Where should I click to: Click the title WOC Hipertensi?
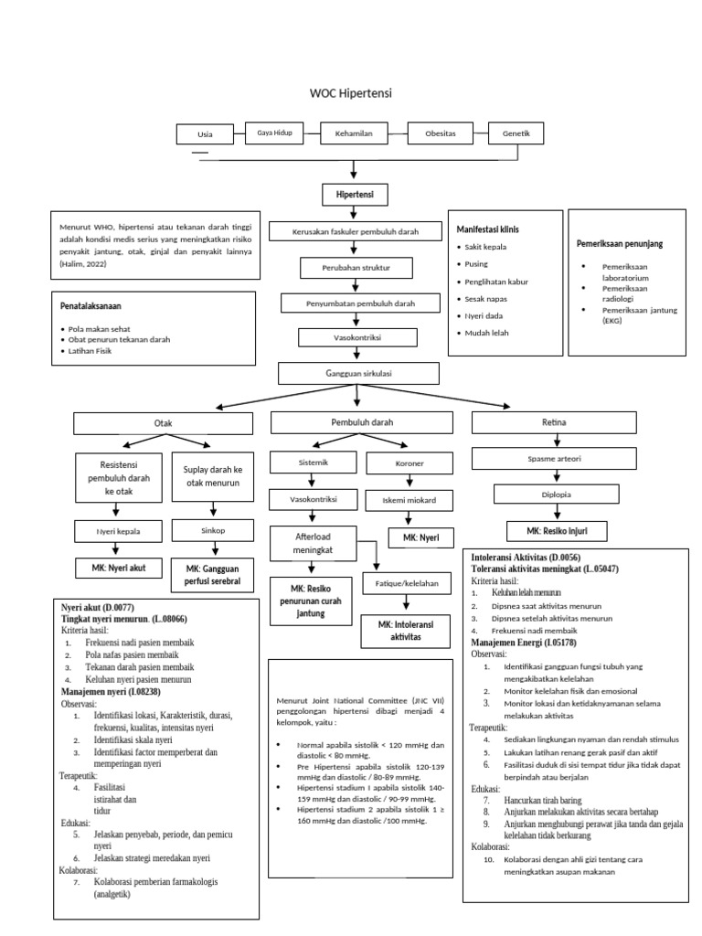coord(350,93)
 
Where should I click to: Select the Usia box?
coord(205,134)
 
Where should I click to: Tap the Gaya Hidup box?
coord(274,133)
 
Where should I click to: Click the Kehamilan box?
coord(352,134)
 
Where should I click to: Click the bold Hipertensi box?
coord(355,195)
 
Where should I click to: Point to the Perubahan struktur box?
coord(356,268)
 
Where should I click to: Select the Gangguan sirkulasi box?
coord(358,373)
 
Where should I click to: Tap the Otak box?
coord(165,423)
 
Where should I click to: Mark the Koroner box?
coord(409,463)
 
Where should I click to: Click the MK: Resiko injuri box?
coord(551,531)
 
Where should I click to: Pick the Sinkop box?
coord(212,529)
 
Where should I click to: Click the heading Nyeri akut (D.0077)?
coord(98,606)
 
